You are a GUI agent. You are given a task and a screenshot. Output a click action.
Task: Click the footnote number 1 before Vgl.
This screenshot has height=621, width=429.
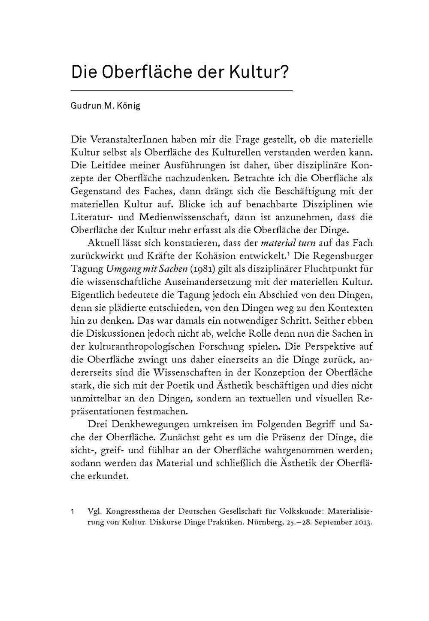[73, 512]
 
